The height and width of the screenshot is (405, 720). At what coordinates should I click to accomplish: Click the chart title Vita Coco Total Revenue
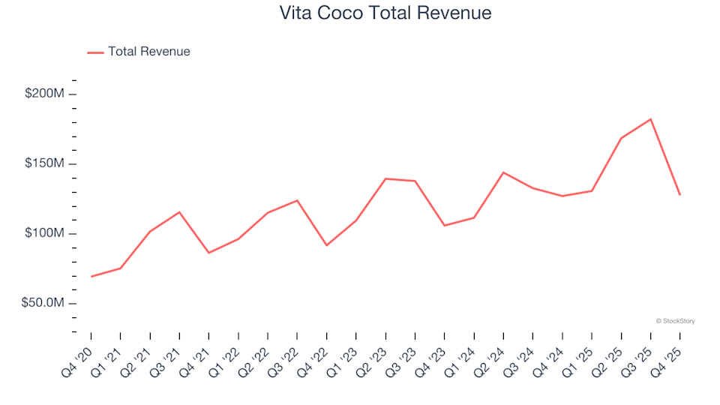[385, 13]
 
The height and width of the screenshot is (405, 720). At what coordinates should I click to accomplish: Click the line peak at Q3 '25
[650, 119]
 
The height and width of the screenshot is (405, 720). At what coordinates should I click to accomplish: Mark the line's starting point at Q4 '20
[91, 277]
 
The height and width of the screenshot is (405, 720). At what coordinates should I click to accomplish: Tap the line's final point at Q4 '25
[679, 195]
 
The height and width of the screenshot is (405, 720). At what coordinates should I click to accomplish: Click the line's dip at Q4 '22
[326, 245]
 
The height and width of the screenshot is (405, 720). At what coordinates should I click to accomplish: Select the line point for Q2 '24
[503, 172]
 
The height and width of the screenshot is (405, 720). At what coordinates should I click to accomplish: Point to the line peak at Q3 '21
[179, 212]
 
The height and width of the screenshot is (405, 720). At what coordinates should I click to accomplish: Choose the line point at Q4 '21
[208, 253]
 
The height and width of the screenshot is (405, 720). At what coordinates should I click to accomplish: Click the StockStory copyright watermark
[675, 321]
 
